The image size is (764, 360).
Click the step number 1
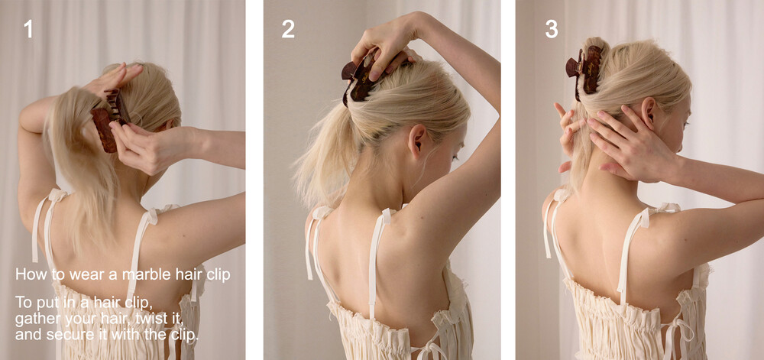click(x=28, y=29)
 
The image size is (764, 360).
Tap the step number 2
click(x=288, y=29)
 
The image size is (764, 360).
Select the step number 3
click(x=552, y=29)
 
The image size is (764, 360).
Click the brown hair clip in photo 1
click(x=110, y=120)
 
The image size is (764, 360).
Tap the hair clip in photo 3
click(x=584, y=71)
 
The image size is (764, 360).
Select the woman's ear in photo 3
click(x=648, y=113)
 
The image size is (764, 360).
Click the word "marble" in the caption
click(x=144, y=274)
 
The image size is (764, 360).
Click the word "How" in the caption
click(x=28, y=274)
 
